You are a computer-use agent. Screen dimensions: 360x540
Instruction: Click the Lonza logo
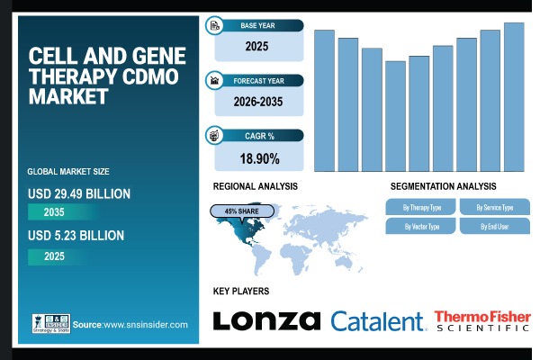coord(266,320)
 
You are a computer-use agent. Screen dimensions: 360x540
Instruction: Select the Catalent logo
coord(377,321)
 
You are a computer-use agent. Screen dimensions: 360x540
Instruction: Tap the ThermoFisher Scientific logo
coord(482,321)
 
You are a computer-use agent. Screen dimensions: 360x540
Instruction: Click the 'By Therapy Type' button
coord(420,207)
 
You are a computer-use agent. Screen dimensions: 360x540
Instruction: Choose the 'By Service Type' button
coord(495,207)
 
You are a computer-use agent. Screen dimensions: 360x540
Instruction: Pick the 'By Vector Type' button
coord(420,226)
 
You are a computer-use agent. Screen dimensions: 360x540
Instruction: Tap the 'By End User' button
coord(495,226)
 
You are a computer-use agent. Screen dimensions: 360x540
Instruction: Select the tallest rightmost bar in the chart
coord(514,96)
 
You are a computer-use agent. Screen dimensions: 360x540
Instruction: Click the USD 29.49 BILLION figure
coord(79,193)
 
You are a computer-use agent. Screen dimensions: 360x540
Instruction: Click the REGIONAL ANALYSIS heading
coord(255,186)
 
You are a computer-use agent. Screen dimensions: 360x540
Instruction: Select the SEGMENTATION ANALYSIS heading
coord(443,186)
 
